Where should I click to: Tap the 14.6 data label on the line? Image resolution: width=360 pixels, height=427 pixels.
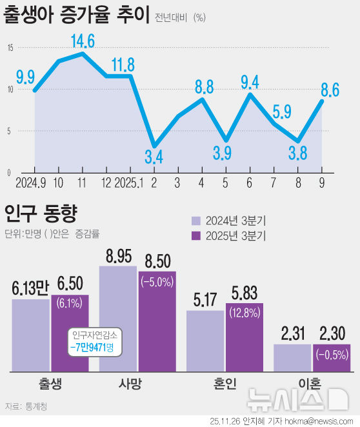pos(82,42)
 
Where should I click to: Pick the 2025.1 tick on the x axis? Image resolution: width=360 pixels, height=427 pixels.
pos(128,183)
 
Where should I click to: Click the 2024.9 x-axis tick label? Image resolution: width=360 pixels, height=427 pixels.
pos(30,183)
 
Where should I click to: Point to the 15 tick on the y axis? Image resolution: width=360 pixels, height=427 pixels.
pos(10,48)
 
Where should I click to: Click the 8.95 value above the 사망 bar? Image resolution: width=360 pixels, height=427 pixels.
pos(117,255)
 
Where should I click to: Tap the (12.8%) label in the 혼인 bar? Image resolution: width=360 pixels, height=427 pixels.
pos(245,313)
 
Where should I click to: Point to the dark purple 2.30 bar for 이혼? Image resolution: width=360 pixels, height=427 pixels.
pos(332,358)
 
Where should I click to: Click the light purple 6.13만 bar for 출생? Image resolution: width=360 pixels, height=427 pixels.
pos(30,335)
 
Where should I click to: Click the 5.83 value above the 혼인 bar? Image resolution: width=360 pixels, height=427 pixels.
pos(245,292)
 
